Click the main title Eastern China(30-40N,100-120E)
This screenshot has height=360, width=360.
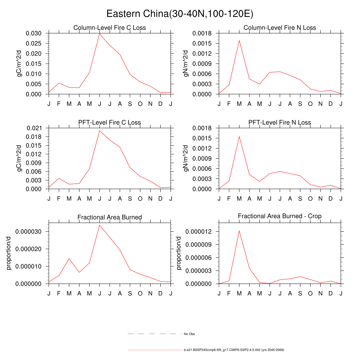[x=180, y=14]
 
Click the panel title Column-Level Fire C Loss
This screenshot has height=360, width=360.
[x=109, y=28]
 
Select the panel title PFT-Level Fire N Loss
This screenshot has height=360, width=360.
[x=279, y=122]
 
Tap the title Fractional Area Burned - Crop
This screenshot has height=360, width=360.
[x=279, y=216]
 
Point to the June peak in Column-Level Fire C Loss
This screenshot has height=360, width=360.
[x=99, y=34]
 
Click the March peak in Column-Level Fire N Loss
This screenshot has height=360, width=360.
[x=239, y=40]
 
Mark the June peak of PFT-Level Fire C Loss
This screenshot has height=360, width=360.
[x=99, y=130]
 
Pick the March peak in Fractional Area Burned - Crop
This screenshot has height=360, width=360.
[x=239, y=231]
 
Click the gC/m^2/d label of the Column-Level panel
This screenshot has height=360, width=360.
[x=20, y=64]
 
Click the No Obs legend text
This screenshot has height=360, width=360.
[x=189, y=334]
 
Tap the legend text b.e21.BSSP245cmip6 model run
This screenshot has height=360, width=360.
[x=234, y=350]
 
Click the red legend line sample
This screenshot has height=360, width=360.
[x=155, y=350]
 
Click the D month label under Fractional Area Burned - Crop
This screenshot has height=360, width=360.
[x=331, y=293]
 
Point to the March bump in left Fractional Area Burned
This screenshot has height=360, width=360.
[x=69, y=258]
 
